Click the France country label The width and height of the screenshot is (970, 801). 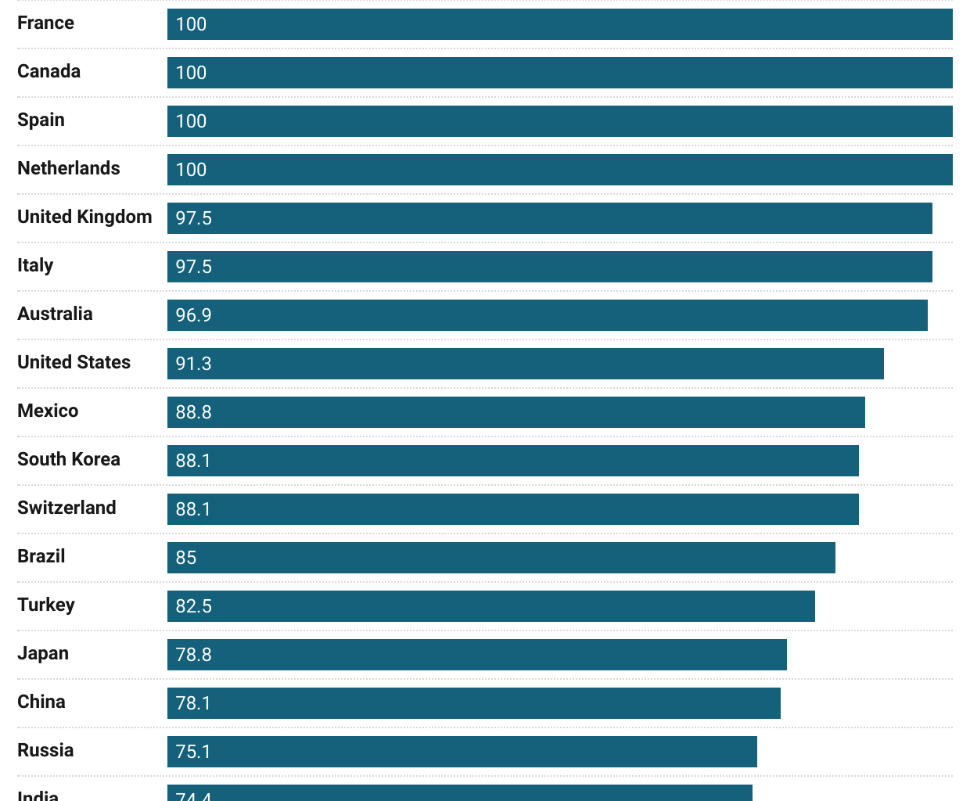click(x=45, y=23)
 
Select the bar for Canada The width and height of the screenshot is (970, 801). click(x=559, y=73)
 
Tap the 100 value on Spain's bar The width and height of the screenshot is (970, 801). click(x=191, y=121)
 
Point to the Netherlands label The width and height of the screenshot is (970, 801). click(x=69, y=168)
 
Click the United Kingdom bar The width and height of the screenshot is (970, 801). click(x=549, y=218)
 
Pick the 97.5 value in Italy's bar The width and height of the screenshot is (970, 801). click(x=193, y=267)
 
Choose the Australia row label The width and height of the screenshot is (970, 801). click(x=55, y=314)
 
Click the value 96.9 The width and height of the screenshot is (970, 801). click(x=193, y=315)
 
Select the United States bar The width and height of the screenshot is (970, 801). click(x=525, y=364)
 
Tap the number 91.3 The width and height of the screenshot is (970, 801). click(x=193, y=364)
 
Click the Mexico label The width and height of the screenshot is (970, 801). click(x=48, y=411)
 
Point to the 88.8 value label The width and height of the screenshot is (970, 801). click(x=193, y=412)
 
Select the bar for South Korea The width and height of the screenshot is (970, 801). click(x=512, y=461)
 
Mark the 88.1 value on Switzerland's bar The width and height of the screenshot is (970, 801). click(x=193, y=509)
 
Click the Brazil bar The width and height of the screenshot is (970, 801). click(x=501, y=558)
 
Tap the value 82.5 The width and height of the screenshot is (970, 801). click(x=193, y=606)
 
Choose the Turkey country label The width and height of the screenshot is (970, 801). click(x=46, y=605)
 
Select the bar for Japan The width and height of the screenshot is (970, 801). click(x=476, y=655)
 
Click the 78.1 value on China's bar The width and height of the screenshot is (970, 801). click(x=193, y=703)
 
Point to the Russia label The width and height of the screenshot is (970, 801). click(x=45, y=750)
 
